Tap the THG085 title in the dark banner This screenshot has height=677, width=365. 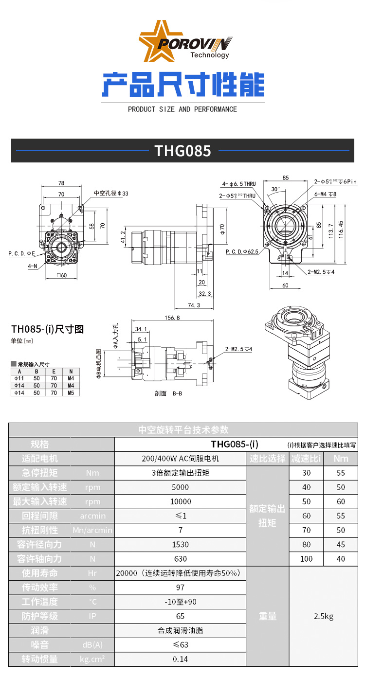182,151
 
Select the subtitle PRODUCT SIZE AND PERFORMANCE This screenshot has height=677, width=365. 182,109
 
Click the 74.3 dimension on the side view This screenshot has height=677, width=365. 193,305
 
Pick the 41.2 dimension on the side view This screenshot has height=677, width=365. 123,237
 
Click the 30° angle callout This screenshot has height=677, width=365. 275,189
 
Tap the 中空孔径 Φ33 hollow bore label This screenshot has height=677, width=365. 111,193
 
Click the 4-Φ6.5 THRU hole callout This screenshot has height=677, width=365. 239,184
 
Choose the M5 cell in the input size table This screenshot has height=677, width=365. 71,392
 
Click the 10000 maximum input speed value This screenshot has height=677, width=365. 180,501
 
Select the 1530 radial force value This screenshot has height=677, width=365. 180,544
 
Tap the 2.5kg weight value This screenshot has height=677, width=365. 324,616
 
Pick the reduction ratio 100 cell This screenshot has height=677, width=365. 306,559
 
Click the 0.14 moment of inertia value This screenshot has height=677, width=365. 180,659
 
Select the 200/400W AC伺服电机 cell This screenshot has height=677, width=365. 180,459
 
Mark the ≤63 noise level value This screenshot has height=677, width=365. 180,645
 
